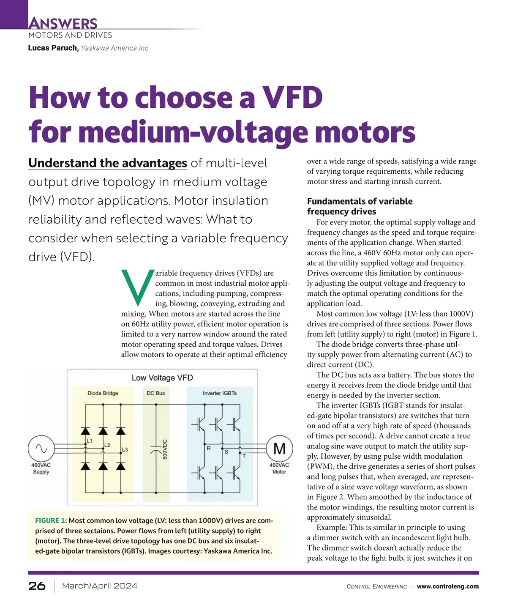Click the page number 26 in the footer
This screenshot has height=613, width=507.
pos(37,586)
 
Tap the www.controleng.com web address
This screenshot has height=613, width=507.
pos(448,586)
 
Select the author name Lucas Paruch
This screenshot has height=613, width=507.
pos(53,48)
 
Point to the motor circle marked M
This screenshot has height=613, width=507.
pos(279,449)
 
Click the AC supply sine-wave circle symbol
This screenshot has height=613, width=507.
pos(41,449)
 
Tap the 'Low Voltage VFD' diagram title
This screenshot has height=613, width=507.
pos(162,378)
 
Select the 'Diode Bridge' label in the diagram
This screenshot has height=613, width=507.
pos(103,393)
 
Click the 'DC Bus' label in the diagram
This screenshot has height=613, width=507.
pos(155,393)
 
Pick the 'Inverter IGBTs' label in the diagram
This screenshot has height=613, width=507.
pos(220,393)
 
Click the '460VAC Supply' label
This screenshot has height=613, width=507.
pos(41,468)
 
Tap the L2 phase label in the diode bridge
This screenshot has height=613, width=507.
pos(107,445)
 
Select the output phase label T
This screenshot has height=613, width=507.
pos(244,456)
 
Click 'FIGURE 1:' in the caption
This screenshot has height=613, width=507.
pos(51,520)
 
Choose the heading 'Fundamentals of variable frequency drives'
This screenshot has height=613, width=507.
pos(360,206)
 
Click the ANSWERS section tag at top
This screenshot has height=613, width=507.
pos(63,23)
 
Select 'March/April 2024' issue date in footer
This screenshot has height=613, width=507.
pos(100,586)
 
